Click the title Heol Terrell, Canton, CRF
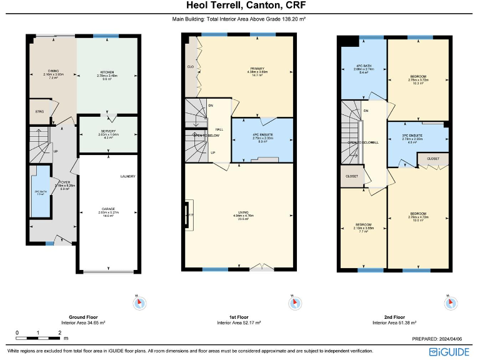239,6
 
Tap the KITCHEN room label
108,73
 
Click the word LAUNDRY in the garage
127,176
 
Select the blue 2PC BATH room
41,192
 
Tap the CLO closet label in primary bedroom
190,66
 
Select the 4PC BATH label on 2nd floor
364,66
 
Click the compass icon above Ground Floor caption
139,303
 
